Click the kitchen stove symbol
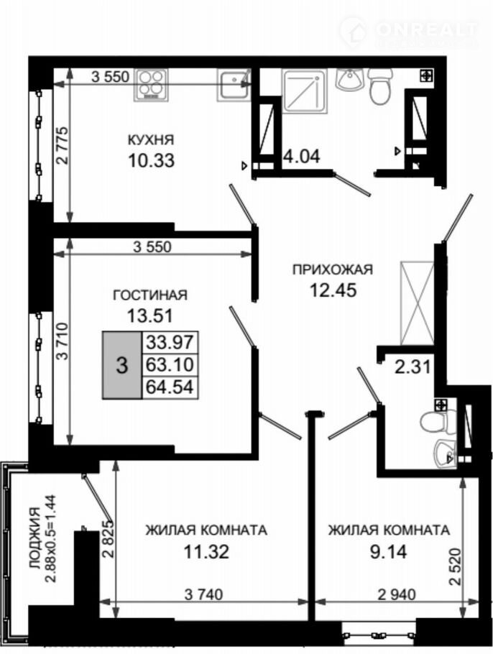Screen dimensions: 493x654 coord(151,85)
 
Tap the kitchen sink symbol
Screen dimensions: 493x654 coord(234,85)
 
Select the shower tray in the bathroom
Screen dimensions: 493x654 coord(305,91)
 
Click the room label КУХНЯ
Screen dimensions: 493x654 coord(151,139)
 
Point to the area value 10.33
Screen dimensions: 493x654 coord(151,160)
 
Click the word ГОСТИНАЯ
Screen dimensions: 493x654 coord(151,295)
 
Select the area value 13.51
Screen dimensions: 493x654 coord(149,316)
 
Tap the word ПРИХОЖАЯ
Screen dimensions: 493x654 coord(333,270)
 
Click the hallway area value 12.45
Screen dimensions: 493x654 coord(333,290)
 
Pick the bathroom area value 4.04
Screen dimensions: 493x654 coord(302,157)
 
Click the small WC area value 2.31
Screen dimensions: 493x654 coord(413,367)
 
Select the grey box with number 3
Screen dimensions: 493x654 coord(121,365)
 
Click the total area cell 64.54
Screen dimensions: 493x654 coord(170,387)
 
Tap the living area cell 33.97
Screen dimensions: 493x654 coord(170,343)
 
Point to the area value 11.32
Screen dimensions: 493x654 coord(206,552)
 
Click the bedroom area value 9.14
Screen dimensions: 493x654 coord(388,552)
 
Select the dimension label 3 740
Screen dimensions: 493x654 coord(204,594)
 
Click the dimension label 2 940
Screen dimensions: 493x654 coord(396,594)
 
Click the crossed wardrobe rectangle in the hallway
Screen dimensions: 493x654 coord(417,303)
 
